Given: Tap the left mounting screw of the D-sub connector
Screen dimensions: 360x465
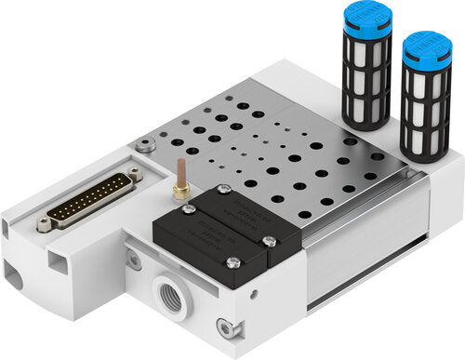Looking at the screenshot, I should (x=43, y=223).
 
